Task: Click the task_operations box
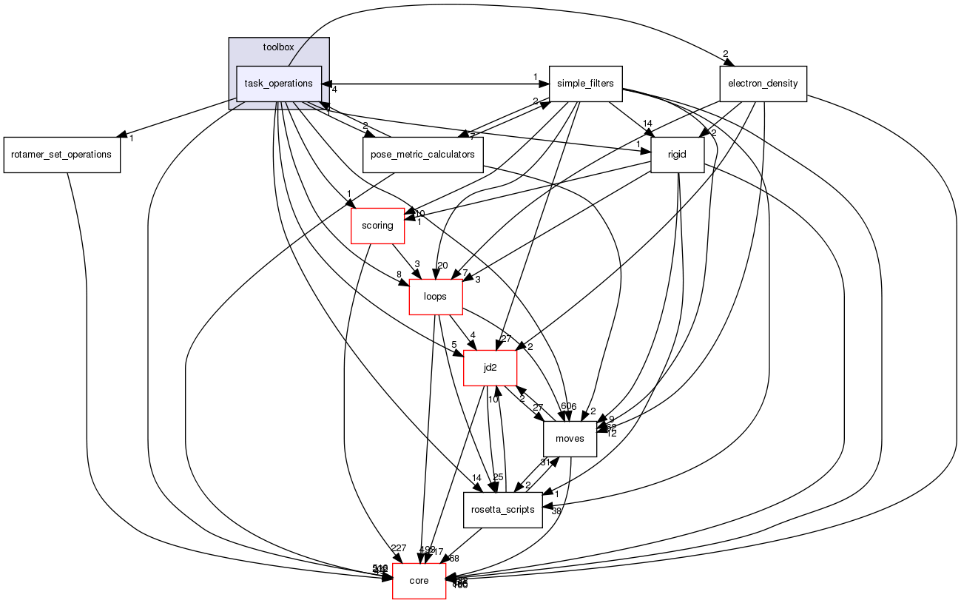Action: pos(278,84)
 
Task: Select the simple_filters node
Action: pos(585,84)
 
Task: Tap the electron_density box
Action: pos(763,84)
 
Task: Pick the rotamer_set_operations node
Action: pos(61,155)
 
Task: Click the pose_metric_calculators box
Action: pos(422,155)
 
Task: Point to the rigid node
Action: pos(676,155)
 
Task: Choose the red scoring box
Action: pos(377,226)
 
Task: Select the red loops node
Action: pos(436,297)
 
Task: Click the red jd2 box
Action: pos(490,368)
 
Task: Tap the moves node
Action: pos(570,439)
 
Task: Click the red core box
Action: pos(419,581)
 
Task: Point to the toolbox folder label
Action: pos(278,47)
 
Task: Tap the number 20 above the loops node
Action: pos(442,266)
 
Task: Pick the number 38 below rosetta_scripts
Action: pos(556,511)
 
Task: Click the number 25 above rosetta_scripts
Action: pos(498,476)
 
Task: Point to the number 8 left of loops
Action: pos(399,274)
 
